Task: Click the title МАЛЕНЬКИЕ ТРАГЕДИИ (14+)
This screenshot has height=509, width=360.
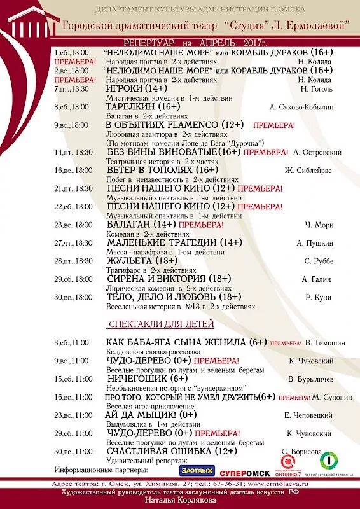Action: (x=174, y=242)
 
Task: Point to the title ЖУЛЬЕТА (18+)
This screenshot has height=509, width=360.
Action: (x=142, y=261)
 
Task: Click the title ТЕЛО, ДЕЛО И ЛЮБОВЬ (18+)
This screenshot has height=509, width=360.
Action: (x=174, y=297)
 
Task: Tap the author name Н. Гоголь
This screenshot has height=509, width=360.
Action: (x=315, y=89)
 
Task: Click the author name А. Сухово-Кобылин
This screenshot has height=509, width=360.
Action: (x=301, y=108)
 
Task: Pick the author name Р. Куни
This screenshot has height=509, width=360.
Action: (x=317, y=297)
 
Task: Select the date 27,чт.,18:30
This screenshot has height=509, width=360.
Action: (x=73, y=243)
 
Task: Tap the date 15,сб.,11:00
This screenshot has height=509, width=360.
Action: (x=72, y=379)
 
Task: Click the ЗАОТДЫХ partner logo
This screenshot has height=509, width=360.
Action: (x=197, y=470)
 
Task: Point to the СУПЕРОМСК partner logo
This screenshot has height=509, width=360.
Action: (x=244, y=472)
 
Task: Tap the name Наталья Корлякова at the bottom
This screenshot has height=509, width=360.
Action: (x=179, y=501)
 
